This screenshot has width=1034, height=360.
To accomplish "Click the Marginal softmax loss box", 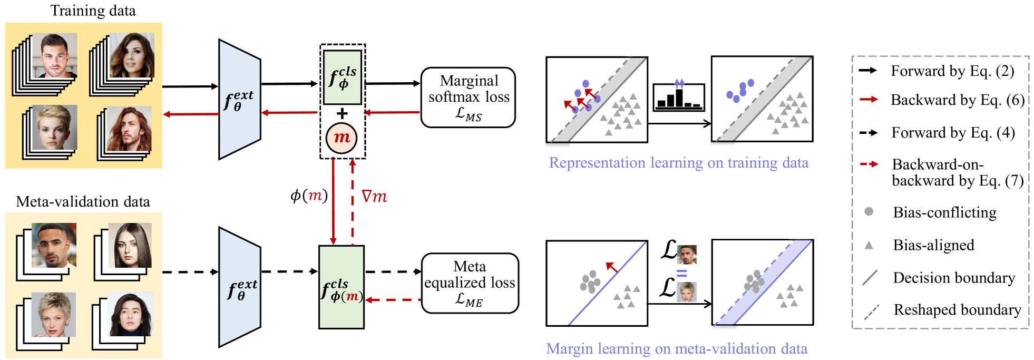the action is [468, 98].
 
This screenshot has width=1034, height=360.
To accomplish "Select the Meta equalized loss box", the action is [470, 284].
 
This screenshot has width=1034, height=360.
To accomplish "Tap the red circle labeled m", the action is [342, 138].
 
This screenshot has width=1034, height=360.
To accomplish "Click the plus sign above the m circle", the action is [342, 113].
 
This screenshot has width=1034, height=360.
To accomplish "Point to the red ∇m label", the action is [374, 197].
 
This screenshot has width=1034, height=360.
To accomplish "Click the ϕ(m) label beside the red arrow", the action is [309, 196].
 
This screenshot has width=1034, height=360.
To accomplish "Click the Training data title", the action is [93, 11].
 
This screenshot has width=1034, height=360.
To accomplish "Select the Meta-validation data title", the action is [83, 201].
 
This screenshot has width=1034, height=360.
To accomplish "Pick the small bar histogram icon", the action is [679, 96].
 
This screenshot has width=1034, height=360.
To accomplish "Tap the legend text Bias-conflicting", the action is [944, 212].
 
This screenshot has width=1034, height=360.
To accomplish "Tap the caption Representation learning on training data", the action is [678, 163].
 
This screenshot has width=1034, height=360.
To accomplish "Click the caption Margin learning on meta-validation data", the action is [677, 349].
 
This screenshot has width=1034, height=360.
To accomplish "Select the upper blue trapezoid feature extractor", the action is [240, 99].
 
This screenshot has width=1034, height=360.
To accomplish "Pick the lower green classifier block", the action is [342, 287].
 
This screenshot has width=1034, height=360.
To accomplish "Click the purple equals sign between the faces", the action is [682, 274].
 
